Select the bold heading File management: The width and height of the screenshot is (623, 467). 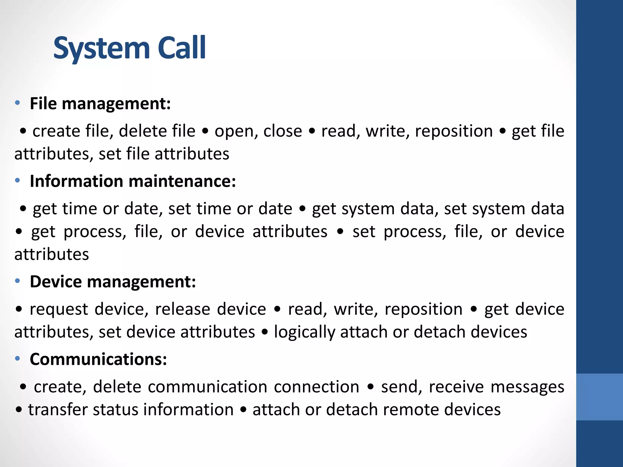point(100,104)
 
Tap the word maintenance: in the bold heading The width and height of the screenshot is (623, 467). point(182,181)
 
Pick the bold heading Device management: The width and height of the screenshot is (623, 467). point(113,282)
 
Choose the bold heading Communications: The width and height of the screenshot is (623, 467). point(98,359)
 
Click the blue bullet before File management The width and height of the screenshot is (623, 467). point(17,103)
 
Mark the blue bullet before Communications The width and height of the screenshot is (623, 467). point(17,359)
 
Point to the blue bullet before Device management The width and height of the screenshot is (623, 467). point(17,281)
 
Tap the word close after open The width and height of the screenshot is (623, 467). point(283,131)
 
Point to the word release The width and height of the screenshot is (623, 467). point(183,309)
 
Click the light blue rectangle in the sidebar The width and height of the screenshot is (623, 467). point(599,397)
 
